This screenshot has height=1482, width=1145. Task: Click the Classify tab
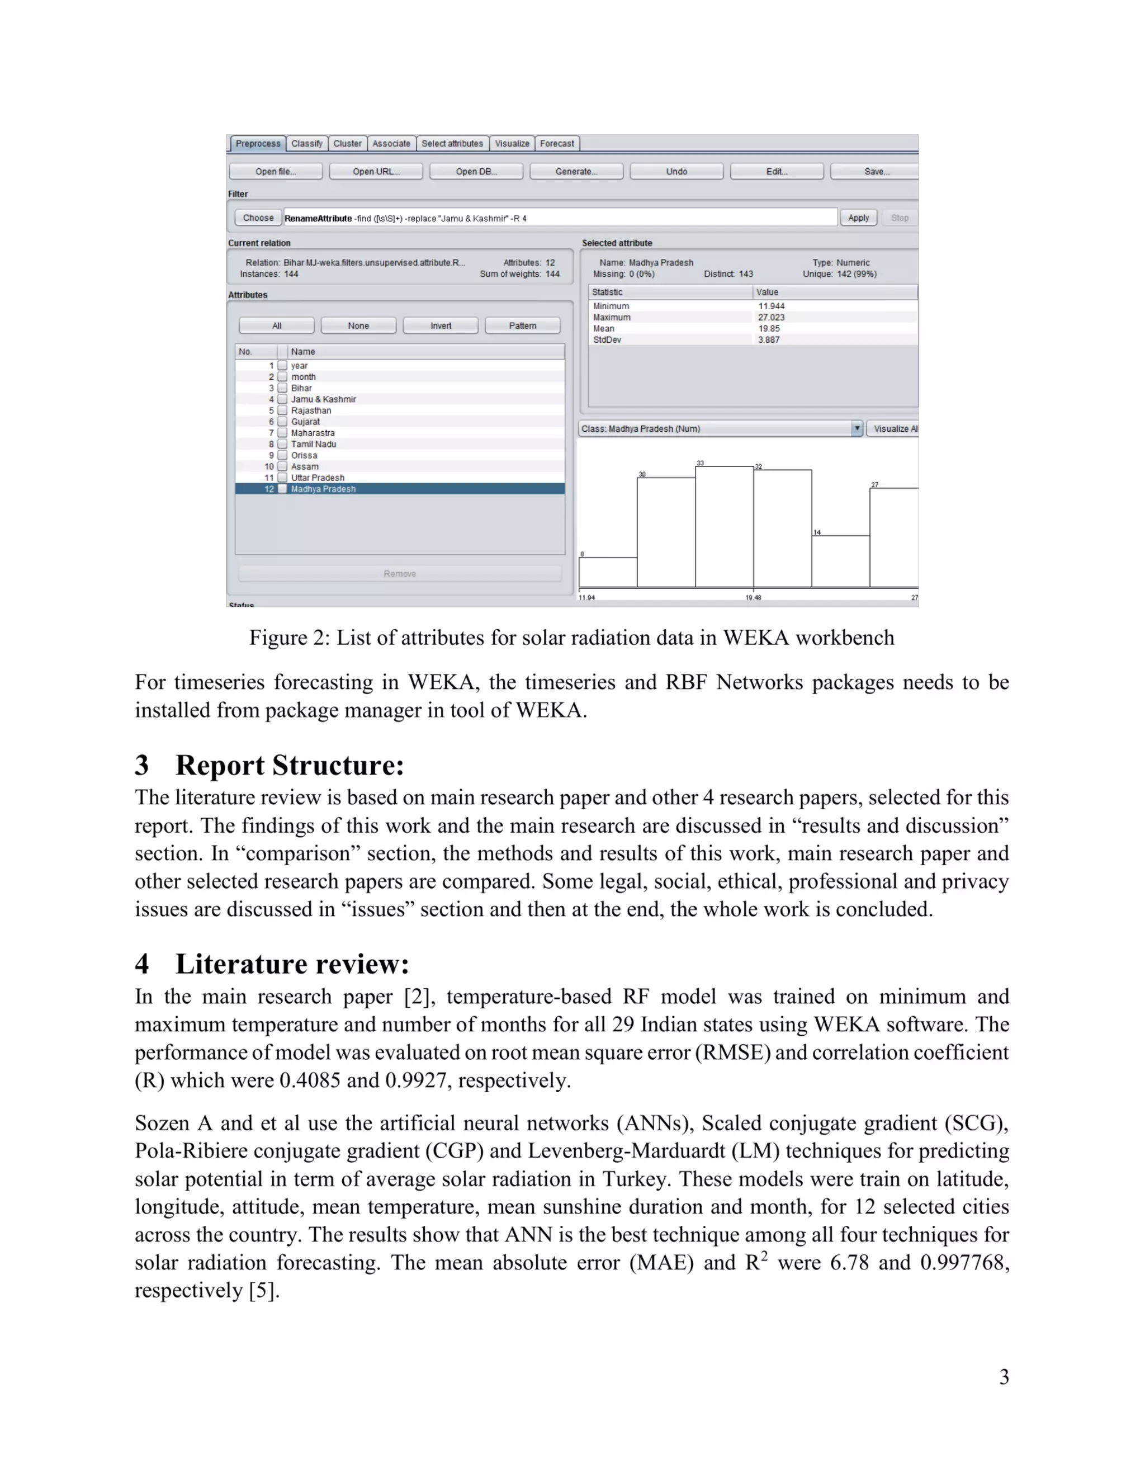pyautogui.click(x=306, y=144)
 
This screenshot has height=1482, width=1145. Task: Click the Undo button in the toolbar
pyautogui.click(x=676, y=172)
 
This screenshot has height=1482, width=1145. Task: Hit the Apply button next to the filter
pyautogui.click(x=858, y=218)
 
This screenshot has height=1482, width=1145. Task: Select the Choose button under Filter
pyautogui.click(x=258, y=218)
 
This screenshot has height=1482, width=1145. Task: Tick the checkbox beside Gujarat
pyautogui.click(x=283, y=422)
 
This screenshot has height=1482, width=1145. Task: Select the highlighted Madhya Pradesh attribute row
pyautogui.click(x=400, y=489)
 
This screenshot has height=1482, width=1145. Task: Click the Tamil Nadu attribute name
pyautogui.click(x=314, y=445)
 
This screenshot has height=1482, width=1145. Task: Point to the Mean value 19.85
pyautogui.click(x=769, y=328)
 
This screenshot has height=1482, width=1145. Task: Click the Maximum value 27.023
pyautogui.click(x=771, y=318)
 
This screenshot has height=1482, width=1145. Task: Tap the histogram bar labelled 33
pyautogui.click(x=724, y=526)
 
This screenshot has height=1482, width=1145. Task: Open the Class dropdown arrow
pyautogui.click(x=857, y=428)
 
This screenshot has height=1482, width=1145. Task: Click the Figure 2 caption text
pyautogui.click(x=571, y=638)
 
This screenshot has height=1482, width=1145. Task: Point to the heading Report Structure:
pyautogui.click(x=290, y=766)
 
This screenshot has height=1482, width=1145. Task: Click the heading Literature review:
pyautogui.click(x=292, y=964)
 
